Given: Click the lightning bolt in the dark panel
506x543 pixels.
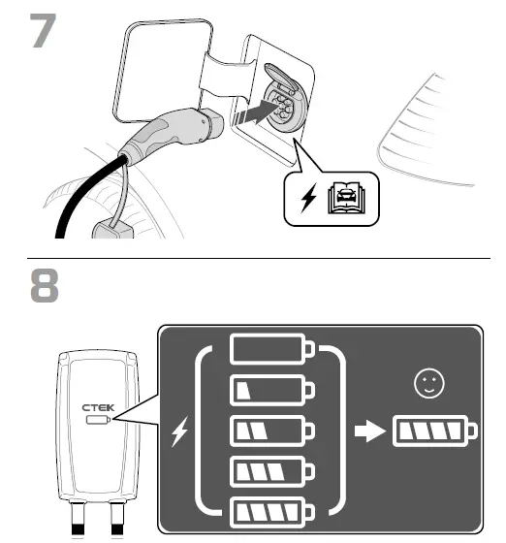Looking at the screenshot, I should pyautogui.click(x=179, y=433).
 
